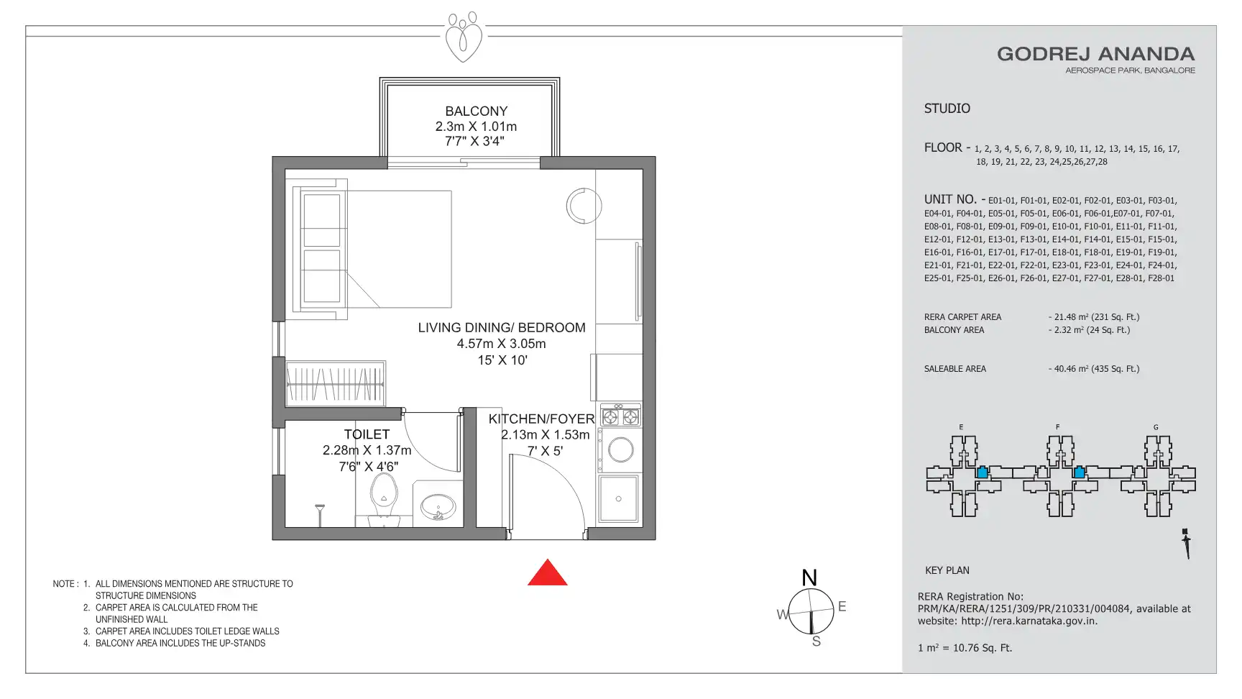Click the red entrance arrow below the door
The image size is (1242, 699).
click(548, 573)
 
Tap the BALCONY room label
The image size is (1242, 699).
click(476, 111)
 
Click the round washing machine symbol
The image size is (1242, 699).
click(620, 450)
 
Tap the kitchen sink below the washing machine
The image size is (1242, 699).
click(619, 498)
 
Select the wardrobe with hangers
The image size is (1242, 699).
click(336, 383)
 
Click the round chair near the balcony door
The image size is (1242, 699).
click(583, 206)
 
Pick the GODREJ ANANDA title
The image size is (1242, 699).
click(1095, 54)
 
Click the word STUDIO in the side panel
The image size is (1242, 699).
click(947, 109)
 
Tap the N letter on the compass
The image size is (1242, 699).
click(809, 578)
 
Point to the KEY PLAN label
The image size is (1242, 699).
click(947, 570)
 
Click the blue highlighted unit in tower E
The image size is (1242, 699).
click(982, 472)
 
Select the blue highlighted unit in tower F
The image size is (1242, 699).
click(1079, 472)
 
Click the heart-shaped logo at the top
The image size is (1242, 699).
click(464, 37)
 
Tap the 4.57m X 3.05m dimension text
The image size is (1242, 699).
click(502, 344)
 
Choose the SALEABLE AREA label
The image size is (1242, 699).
click(955, 369)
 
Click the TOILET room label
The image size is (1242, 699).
click(367, 434)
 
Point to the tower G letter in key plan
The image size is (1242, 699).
click(1156, 427)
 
